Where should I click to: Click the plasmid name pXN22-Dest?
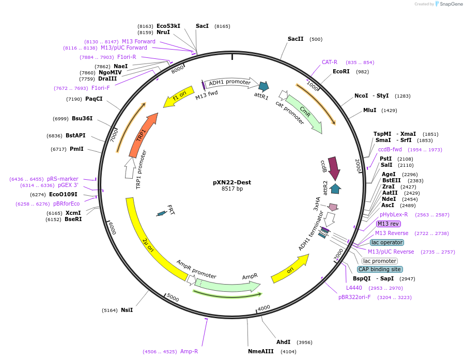point(232,182)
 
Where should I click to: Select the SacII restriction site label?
point(296,39)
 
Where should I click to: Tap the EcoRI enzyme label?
point(341,72)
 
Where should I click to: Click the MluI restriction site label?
point(369,111)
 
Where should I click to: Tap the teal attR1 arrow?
point(263,86)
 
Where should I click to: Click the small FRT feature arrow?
point(162,213)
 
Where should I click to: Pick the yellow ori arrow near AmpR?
point(289,269)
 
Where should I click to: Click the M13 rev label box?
point(388,224)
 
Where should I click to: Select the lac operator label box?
point(387,242)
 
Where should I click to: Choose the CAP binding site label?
point(380,269)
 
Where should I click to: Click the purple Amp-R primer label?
point(189,351)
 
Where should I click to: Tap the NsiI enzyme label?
point(127,310)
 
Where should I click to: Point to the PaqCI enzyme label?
point(94,99)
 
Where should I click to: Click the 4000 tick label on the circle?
point(263,308)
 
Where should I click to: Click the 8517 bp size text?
point(232,189)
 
